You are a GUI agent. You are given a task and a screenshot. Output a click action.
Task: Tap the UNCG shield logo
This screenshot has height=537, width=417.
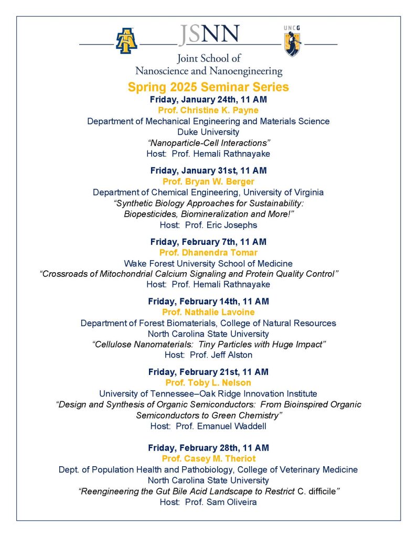pos(292,41)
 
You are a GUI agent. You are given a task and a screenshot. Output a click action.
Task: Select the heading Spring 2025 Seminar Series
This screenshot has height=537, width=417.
pos(208,87)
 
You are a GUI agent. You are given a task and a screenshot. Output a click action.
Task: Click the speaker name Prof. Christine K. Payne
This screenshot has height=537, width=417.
pos(208,110)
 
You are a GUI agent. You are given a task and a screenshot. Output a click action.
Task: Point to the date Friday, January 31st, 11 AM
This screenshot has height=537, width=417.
pos(208,170)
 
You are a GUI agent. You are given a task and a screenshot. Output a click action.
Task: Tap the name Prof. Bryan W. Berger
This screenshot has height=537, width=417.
pos(208,181)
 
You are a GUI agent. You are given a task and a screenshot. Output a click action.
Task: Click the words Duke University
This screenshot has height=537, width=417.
pos(208,132)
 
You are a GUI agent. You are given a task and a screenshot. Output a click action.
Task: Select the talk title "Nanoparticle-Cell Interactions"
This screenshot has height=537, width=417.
pos(208,143)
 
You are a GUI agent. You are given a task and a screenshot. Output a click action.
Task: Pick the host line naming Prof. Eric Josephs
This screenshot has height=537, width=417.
pos(208,224)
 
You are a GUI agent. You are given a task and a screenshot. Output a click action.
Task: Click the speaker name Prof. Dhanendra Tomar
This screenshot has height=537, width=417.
pos(208,253)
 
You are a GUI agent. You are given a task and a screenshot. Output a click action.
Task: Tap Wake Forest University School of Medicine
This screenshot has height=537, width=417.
pos(208,263)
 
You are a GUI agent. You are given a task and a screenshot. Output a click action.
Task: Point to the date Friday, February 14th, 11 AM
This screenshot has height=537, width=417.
pos(208,302)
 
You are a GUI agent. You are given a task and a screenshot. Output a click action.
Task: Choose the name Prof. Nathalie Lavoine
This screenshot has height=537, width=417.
pos(208,313)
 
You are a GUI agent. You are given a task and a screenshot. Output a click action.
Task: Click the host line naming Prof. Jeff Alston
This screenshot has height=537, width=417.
pos(208,355)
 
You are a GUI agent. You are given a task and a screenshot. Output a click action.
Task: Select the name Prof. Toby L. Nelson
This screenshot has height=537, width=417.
pos(208,383)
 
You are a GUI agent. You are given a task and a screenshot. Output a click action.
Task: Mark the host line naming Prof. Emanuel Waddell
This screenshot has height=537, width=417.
pos(208,426)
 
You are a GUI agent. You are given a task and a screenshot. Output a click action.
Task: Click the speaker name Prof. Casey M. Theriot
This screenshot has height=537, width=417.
pos(208,459)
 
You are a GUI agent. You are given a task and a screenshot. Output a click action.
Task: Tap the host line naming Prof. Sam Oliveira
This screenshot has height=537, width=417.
pos(208,502)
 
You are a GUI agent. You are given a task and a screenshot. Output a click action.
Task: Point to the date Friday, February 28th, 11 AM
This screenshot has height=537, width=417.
pos(208,448)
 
